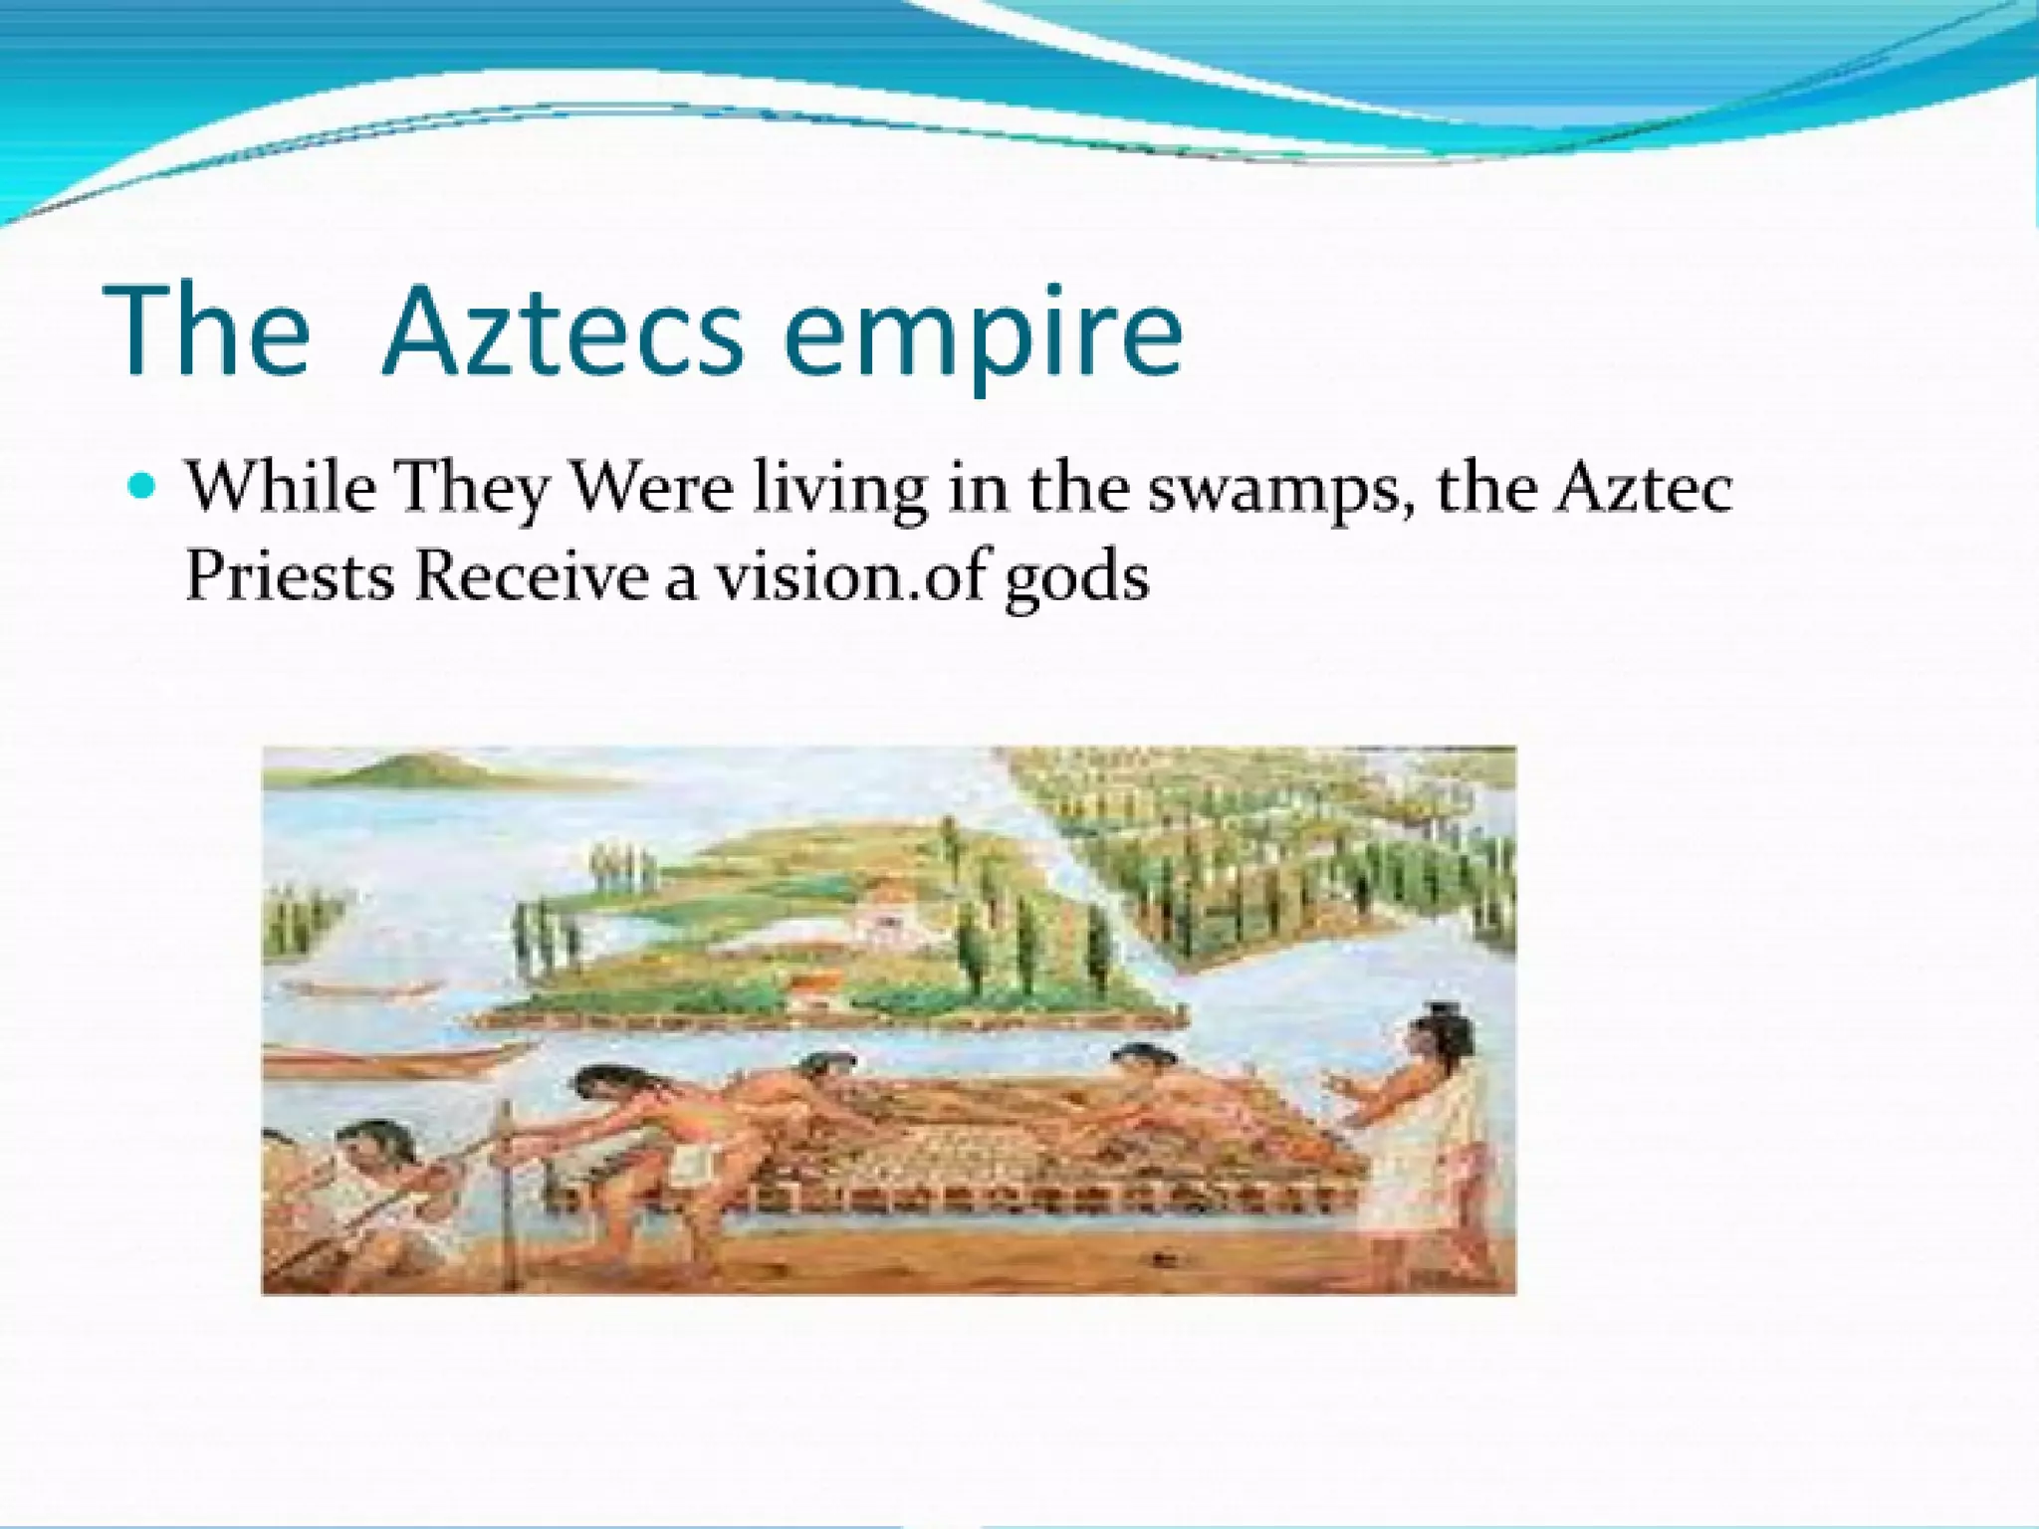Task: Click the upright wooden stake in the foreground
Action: coord(510,1195)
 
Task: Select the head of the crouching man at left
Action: coord(368,1145)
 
